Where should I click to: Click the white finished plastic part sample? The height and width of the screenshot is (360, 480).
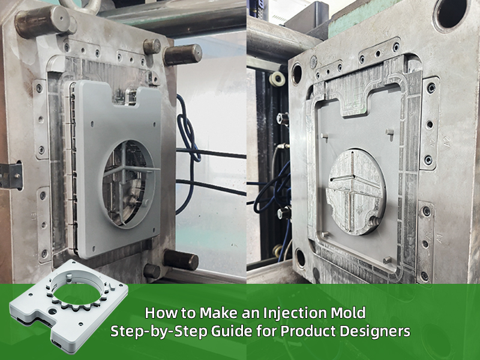(69, 305)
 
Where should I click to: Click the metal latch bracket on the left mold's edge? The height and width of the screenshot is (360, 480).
(11, 176)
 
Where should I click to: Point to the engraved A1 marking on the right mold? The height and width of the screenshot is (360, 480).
(440, 238)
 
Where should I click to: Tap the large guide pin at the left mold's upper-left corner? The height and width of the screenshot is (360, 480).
(43, 21)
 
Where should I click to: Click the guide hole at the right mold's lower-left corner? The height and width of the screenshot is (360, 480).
(301, 258)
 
